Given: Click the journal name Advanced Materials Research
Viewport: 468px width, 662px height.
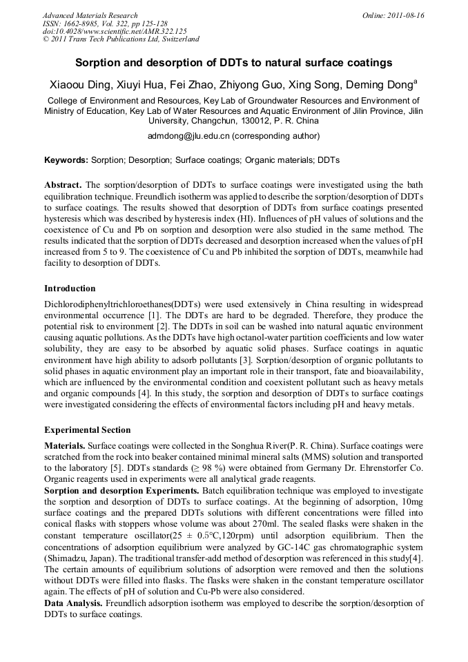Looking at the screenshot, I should point(90,15).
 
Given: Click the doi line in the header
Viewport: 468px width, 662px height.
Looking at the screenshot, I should point(115,32).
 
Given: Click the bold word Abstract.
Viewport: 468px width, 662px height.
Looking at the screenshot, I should point(63,185).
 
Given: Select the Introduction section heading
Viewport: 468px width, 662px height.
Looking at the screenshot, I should point(70,288).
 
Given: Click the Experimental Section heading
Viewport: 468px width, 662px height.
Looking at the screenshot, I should point(87,429).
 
